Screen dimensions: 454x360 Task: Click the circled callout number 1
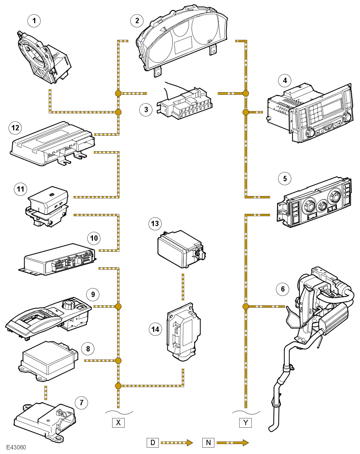(x=34, y=21)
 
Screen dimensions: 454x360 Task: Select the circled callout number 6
(x=283, y=289)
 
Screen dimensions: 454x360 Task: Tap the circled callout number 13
(x=155, y=224)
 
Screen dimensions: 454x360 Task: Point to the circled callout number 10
(x=94, y=238)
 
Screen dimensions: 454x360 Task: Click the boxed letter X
(x=118, y=423)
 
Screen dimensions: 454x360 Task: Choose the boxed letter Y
(x=245, y=423)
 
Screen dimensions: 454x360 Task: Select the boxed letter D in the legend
(x=153, y=443)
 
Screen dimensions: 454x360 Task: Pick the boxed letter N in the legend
(x=208, y=443)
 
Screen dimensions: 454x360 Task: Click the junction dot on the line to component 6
(x=245, y=306)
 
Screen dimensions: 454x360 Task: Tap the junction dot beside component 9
(x=118, y=306)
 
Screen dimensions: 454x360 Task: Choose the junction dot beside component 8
(x=118, y=361)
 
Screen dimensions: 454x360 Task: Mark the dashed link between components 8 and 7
(x=46, y=392)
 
